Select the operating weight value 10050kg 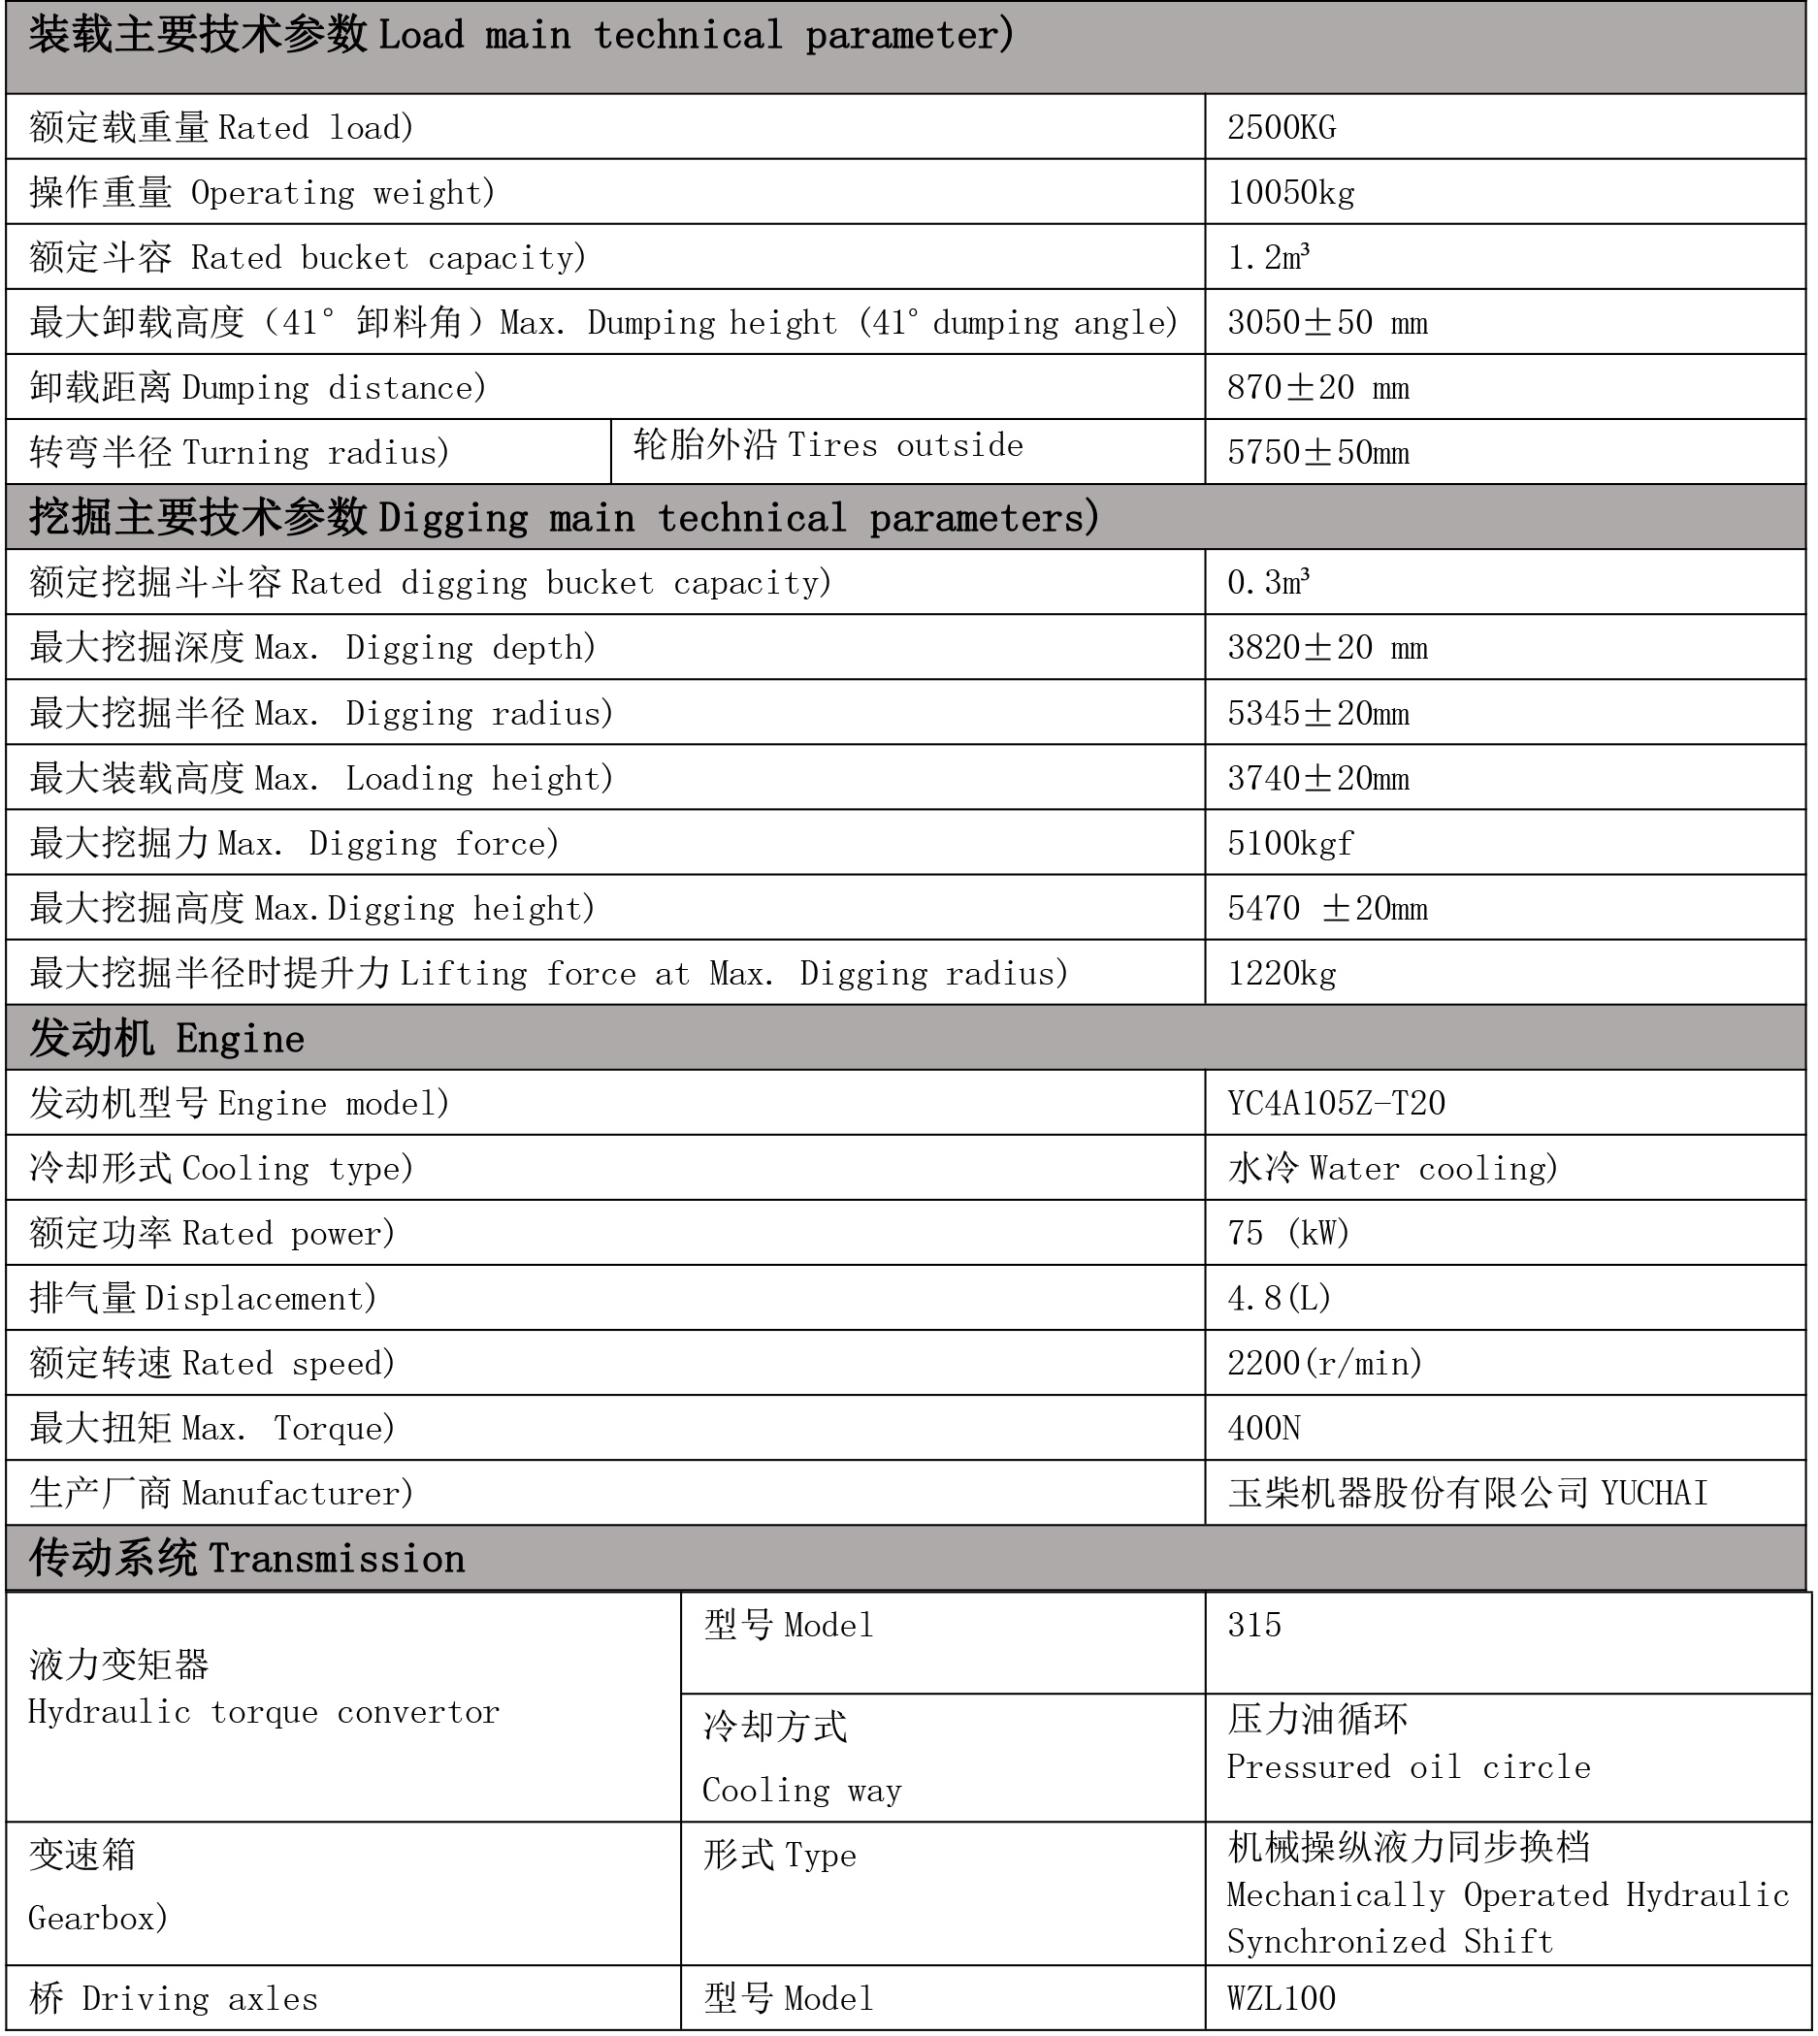(1290, 193)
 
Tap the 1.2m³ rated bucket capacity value (1268, 258)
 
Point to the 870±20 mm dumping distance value (1317, 387)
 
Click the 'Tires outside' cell (828, 445)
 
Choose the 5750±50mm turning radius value (1317, 452)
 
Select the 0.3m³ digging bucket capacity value (1268, 582)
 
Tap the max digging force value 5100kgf (1289, 844)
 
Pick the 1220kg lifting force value (1282, 974)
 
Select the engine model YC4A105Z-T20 (1336, 1104)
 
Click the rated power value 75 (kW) (1287, 1233)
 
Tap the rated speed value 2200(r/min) (1324, 1363)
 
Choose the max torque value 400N (1264, 1428)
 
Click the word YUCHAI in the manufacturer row (1654, 1494)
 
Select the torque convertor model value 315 (1253, 1625)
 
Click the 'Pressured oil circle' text (1408, 1767)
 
